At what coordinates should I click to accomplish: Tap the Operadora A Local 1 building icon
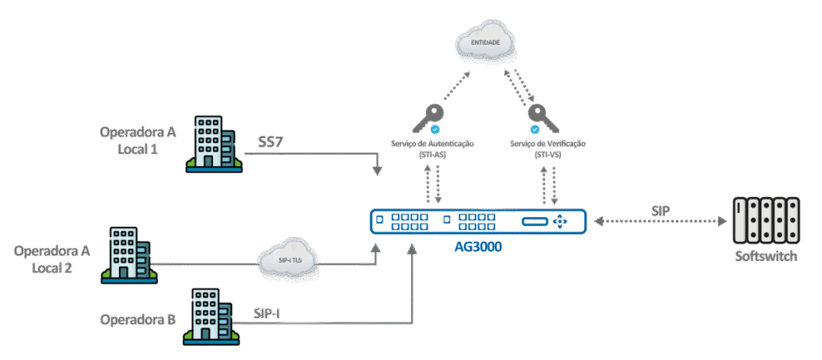[213, 144]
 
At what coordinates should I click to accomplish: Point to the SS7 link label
[271, 142]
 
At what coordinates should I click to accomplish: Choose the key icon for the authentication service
[425, 121]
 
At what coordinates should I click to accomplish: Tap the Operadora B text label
[137, 319]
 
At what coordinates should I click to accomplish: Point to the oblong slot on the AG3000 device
[534, 221]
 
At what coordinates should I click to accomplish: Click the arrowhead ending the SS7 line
[377, 171]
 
